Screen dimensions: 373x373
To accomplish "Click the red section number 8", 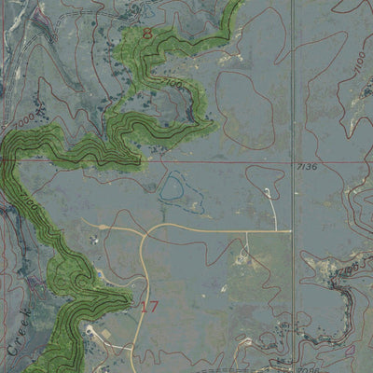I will [x=147, y=34].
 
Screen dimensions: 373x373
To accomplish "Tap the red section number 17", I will [x=150, y=305].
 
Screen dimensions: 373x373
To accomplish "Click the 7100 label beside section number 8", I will [x=171, y=83].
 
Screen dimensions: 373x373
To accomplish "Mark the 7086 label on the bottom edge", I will [x=303, y=367].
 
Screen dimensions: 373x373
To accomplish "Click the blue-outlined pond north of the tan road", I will [x=172, y=188].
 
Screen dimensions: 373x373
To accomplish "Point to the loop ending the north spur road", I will [x=268, y=193].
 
